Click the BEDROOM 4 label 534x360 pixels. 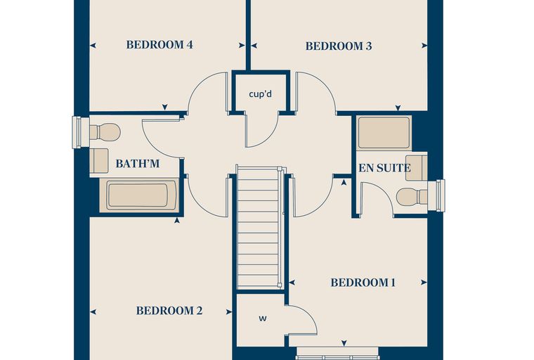pos(159,45)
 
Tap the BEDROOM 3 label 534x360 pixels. pos(339,46)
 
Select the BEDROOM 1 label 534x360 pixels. pos(363,283)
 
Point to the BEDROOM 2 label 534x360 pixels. pos(169,311)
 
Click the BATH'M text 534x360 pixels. pos(138,164)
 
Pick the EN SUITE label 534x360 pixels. pos(384,168)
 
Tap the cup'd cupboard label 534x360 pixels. pos(261,94)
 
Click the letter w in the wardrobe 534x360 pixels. pos(263,319)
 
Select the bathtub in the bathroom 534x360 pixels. pos(139,195)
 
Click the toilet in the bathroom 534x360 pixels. pos(105,132)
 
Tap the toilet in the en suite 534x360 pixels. pos(412,197)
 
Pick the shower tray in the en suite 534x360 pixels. pos(384,133)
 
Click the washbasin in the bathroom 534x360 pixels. pos(99,160)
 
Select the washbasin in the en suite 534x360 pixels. pos(417,167)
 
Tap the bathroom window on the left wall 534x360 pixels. pos(77,133)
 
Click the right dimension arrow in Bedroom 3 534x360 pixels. pos(424,45)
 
